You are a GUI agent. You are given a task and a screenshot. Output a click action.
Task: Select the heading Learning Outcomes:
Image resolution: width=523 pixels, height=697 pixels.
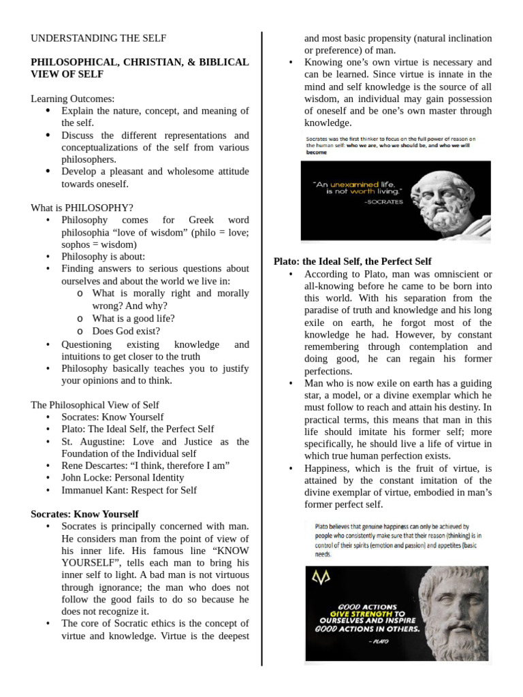(x=73, y=99)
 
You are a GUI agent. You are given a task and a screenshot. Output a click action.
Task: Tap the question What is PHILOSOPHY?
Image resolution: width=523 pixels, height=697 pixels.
(x=82, y=208)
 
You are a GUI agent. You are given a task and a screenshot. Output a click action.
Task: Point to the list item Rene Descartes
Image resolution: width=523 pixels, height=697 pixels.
(x=145, y=466)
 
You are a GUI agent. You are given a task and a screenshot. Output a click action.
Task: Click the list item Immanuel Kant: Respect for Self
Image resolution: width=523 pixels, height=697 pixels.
(x=129, y=490)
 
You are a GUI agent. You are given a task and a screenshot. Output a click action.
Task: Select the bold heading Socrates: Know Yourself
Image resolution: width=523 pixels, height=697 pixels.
(x=84, y=515)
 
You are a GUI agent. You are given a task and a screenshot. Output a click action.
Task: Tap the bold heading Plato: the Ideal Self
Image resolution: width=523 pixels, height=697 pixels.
(x=352, y=261)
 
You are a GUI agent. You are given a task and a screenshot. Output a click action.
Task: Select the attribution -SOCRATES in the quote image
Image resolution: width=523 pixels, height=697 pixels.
(x=384, y=202)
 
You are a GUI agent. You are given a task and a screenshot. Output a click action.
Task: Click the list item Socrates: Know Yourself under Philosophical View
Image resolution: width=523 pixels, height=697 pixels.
(x=112, y=417)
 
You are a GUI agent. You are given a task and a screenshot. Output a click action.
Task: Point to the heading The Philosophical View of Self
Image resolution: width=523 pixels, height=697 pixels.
(x=95, y=405)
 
